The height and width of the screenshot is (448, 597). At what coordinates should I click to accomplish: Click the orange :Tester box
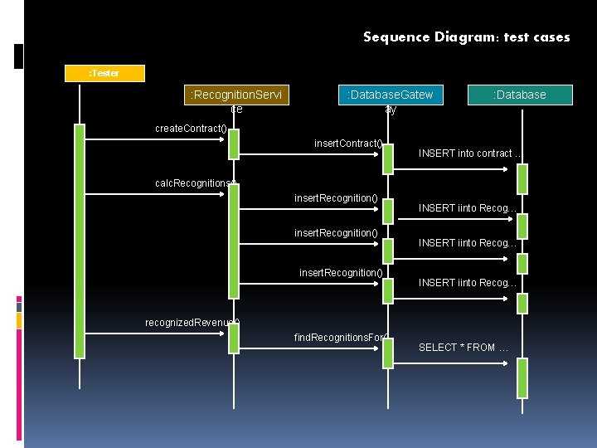point(104,73)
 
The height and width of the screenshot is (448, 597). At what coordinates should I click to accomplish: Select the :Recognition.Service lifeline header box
point(235,95)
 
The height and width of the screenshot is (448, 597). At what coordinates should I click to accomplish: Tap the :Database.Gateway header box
point(391,95)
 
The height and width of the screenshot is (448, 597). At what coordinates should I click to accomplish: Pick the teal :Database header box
point(520,95)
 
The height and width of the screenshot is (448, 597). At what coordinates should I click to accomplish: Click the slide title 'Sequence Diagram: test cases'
point(466,37)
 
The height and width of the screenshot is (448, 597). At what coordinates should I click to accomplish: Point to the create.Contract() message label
point(191,129)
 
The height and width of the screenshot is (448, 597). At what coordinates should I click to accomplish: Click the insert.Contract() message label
point(348,144)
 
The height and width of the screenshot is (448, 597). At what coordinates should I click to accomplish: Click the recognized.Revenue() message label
point(192,323)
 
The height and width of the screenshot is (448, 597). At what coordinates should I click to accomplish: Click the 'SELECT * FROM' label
point(464,348)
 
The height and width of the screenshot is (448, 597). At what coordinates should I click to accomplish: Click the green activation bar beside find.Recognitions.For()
point(388,352)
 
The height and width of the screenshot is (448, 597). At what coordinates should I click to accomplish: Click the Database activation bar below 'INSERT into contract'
point(522,178)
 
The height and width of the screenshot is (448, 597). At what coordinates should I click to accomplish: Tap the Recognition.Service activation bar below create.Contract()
point(235,144)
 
